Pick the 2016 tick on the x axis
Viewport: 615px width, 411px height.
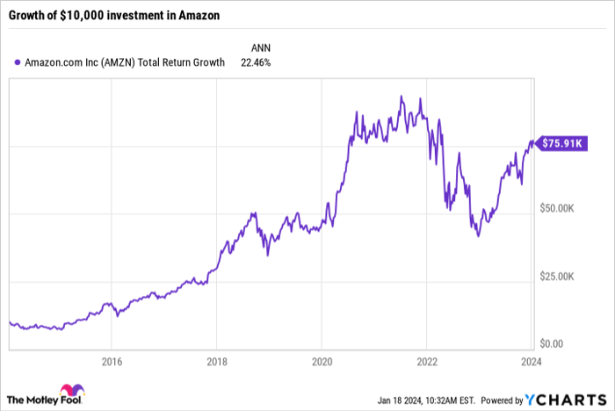coord(111,360)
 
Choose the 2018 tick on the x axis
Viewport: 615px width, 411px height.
coord(216,360)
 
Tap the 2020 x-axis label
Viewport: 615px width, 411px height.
coord(322,360)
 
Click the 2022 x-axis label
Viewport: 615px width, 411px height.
coord(426,360)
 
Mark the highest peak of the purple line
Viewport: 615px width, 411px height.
coord(402,96)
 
